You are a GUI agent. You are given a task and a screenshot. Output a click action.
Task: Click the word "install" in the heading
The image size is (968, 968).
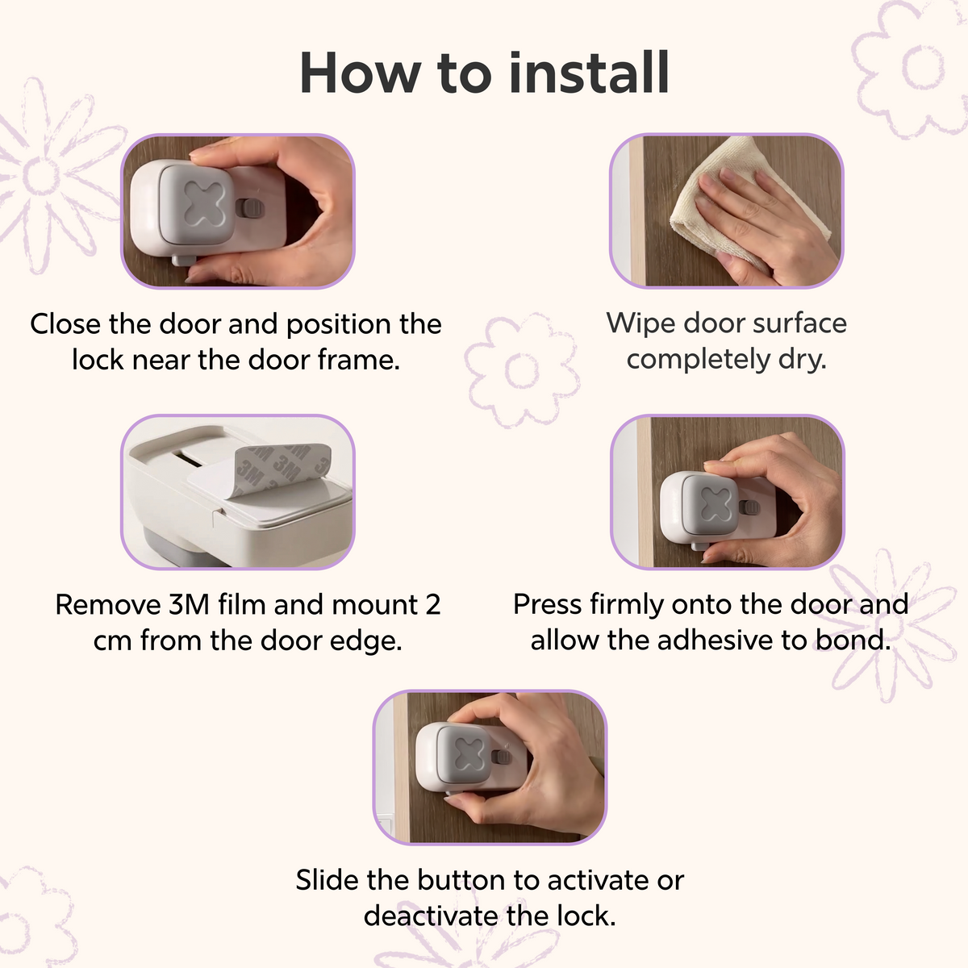589,73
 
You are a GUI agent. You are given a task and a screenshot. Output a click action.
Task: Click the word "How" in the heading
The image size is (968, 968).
360,73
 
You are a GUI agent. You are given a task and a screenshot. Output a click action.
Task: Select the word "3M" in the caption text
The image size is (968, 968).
189,604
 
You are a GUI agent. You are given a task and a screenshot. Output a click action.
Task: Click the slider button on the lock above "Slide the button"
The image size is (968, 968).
501,757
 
